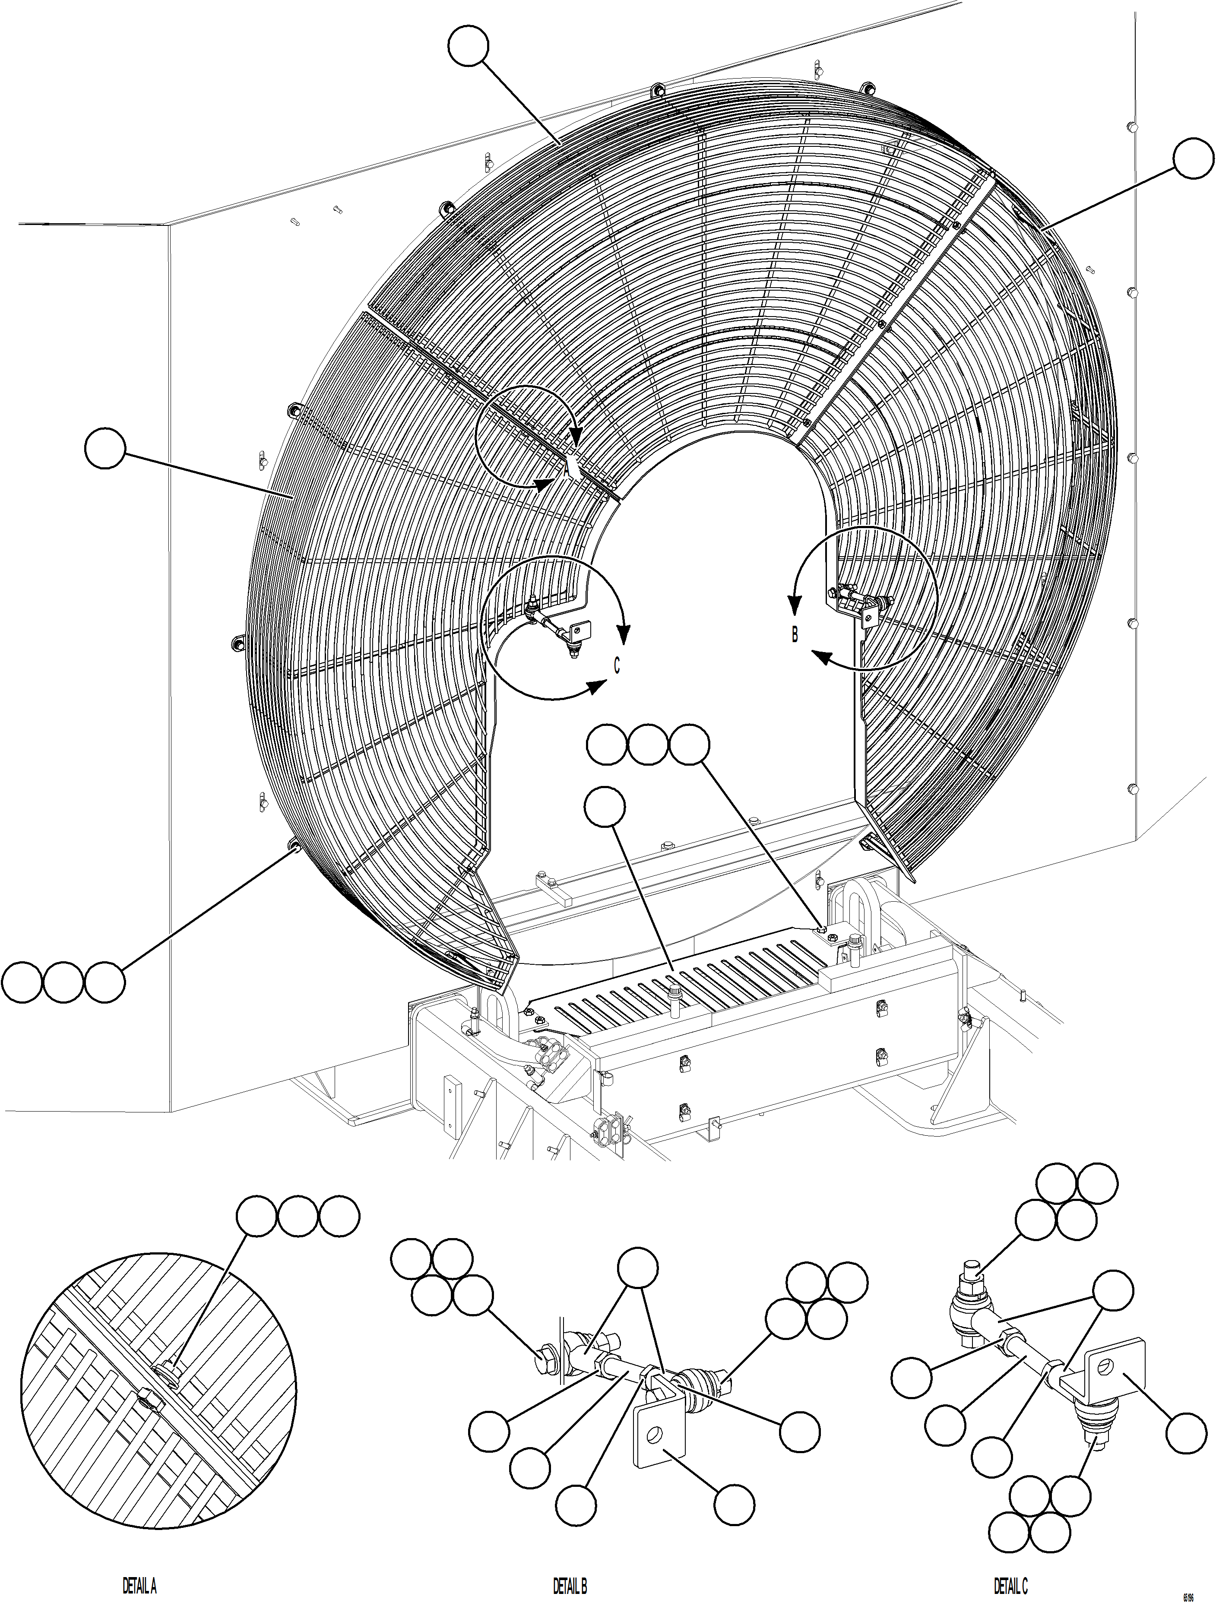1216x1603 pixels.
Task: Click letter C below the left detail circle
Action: pyautogui.click(x=617, y=665)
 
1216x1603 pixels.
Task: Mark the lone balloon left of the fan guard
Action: pyautogui.click(x=105, y=449)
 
